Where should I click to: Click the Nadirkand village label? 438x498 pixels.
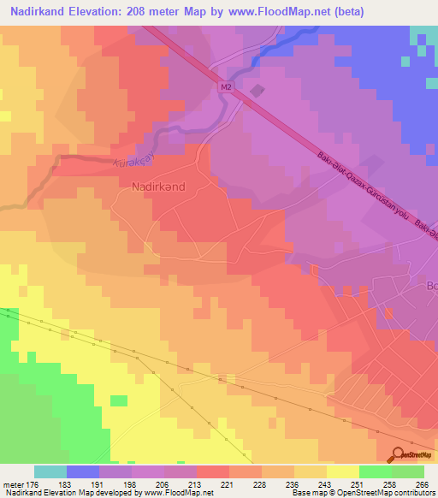click(x=159, y=184)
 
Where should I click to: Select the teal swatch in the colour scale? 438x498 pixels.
click(x=50, y=471)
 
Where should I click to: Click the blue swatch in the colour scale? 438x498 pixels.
click(x=83, y=471)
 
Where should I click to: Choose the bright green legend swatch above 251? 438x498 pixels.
click(x=376, y=471)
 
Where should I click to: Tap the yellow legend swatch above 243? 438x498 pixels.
click(x=311, y=471)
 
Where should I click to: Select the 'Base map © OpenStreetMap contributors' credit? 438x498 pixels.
click(x=362, y=492)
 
